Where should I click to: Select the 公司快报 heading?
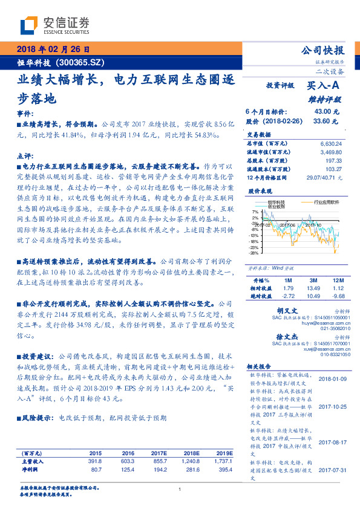tap(322, 51)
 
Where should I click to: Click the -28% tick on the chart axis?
tap(255, 253)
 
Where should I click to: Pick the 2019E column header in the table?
tap(224, 453)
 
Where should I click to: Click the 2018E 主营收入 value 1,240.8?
tap(190, 461)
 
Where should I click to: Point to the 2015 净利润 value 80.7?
tap(96, 468)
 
